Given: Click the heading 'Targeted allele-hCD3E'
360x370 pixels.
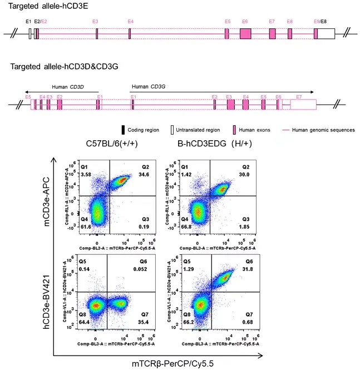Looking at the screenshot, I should pos(37,6).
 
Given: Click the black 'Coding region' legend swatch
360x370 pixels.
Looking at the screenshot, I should pos(124,130).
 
